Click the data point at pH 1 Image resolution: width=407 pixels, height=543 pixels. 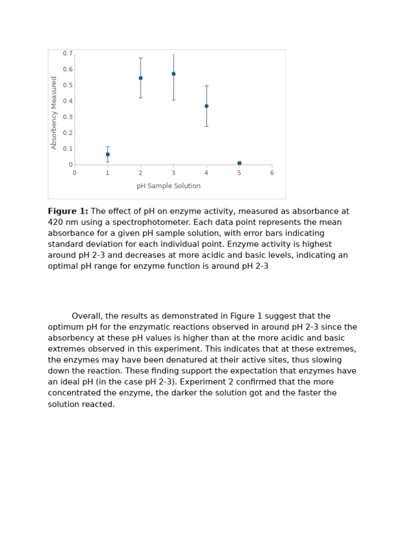click(x=108, y=154)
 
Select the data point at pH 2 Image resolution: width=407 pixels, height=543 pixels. click(x=140, y=78)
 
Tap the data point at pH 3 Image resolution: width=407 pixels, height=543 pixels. click(x=173, y=74)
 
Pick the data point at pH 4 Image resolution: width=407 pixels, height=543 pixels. click(x=206, y=106)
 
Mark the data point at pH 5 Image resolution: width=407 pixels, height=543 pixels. click(x=240, y=163)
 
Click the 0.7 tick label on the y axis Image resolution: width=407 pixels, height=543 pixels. click(x=68, y=54)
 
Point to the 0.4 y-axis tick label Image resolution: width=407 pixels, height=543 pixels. click(x=68, y=101)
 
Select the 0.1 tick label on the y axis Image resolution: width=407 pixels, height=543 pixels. click(x=68, y=149)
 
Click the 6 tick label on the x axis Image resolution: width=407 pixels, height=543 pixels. click(x=272, y=173)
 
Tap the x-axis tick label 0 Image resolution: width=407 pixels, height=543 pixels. click(x=75, y=173)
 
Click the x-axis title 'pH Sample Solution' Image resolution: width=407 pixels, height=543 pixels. click(x=169, y=186)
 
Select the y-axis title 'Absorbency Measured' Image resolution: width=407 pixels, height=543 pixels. click(x=54, y=112)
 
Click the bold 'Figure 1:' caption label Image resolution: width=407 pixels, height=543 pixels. click(x=68, y=212)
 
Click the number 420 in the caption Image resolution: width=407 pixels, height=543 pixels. click(x=56, y=222)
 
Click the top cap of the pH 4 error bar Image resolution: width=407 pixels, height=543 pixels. click(x=206, y=86)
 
